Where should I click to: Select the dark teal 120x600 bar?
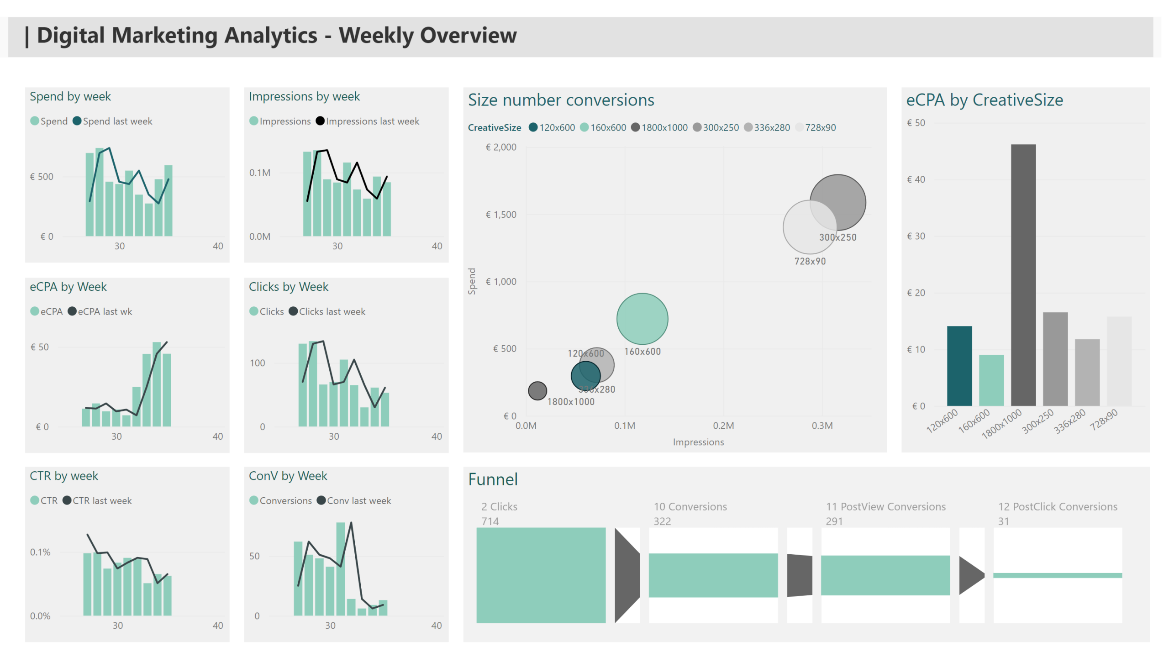[x=959, y=366]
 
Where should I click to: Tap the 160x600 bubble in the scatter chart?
[x=642, y=319]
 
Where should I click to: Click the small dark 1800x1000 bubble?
[x=537, y=390]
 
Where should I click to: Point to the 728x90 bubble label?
[x=810, y=261]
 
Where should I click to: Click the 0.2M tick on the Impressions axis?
[x=723, y=426]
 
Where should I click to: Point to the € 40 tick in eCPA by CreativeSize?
[x=916, y=179]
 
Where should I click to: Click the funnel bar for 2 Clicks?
[x=541, y=575]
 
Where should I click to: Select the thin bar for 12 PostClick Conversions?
[x=1057, y=575]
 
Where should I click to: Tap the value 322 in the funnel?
[x=662, y=521]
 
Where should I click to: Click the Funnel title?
[x=493, y=479]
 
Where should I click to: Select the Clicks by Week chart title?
[x=288, y=287]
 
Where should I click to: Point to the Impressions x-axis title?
[x=698, y=442]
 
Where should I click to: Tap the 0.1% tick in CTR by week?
[x=40, y=552]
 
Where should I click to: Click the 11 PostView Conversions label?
[x=885, y=507]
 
